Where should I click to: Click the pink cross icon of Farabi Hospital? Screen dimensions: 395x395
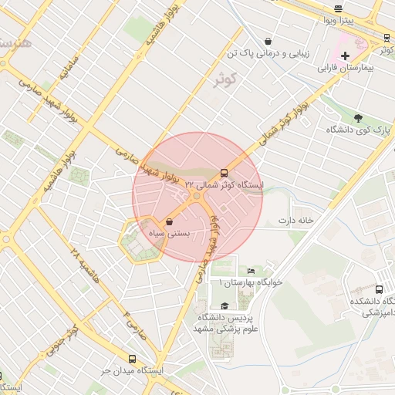[x=345, y=56]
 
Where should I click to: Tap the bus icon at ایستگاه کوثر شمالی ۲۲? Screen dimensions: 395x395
[x=225, y=173]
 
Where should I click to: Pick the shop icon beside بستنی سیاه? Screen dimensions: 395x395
[x=169, y=222]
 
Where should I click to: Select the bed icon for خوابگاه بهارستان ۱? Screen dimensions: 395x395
[x=250, y=271]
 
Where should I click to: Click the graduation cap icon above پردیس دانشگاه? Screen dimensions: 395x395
[x=224, y=306]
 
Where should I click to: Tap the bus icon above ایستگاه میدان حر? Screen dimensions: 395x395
[x=132, y=359]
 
